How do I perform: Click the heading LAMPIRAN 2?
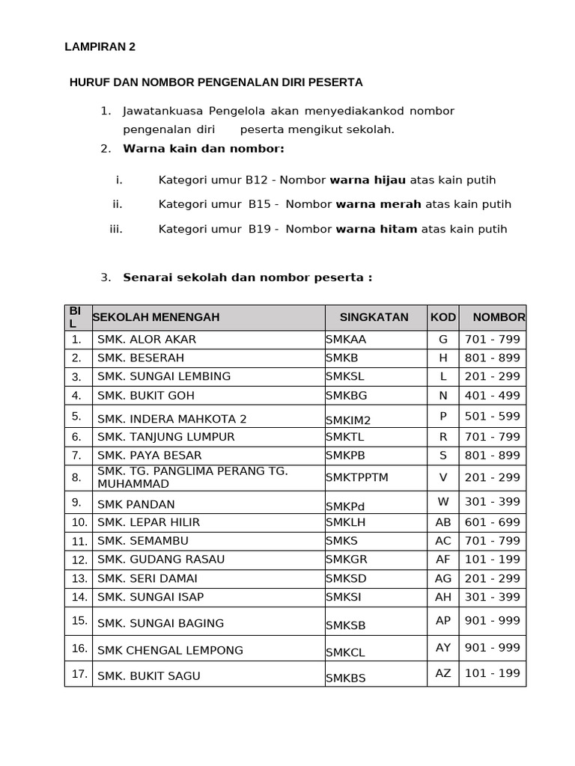pos(100,47)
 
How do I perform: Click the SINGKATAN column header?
pos(374,317)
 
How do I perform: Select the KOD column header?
pos(443,317)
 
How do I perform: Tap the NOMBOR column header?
pos(499,317)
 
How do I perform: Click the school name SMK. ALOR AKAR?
pos(147,340)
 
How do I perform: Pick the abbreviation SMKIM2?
pos(348,420)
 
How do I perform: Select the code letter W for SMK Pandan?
pos(443,501)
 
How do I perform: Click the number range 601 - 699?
pos(492,522)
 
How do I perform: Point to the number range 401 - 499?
pos(492,395)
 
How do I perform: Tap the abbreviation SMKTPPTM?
pos(357,477)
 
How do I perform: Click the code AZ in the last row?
pos(443,672)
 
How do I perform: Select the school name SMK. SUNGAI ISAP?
pos(150,597)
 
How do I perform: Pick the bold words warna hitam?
pos(377,229)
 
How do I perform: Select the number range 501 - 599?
pos(492,416)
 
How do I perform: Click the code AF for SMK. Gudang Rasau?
pos(443,560)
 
